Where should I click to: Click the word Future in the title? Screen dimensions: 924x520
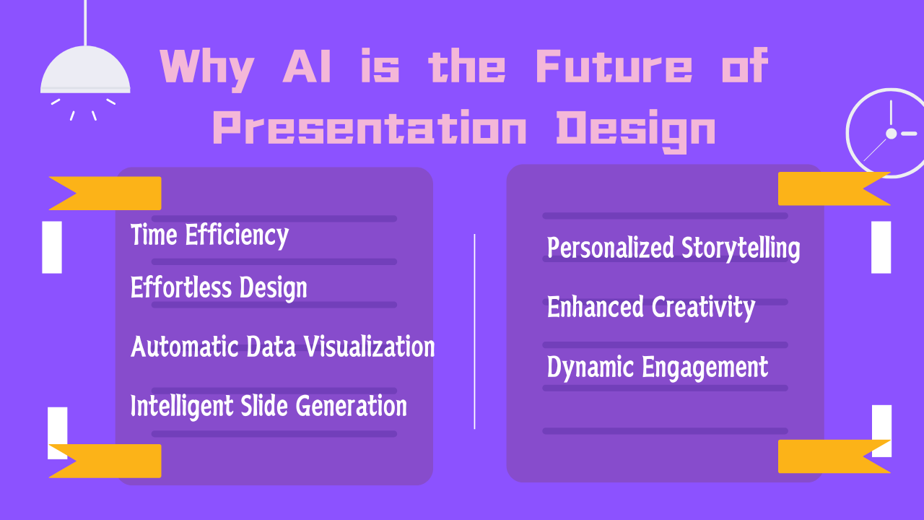[x=614, y=66]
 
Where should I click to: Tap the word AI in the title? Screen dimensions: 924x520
[x=307, y=66]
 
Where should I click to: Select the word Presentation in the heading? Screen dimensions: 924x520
[x=370, y=128]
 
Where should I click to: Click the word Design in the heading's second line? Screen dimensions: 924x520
[x=636, y=131]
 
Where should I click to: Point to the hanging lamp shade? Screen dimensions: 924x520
[x=85, y=70]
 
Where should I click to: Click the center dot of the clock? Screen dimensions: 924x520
[x=892, y=134]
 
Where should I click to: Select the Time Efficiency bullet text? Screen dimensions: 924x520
[x=209, y=235]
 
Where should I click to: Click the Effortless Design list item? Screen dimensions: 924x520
[x=219, y=287]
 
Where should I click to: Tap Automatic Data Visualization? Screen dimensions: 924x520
[x=282, y=346]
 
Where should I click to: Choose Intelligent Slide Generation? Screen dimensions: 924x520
[x=269, y=406]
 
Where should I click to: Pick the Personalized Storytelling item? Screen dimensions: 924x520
[x=674, y=248]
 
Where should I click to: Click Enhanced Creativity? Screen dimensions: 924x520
[x=651, y=308]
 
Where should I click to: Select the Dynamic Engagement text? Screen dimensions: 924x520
[x=657, y=367]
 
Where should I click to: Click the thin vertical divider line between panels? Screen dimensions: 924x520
[x=474, y=331]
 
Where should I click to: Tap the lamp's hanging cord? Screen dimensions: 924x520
[x=85, y=22]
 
